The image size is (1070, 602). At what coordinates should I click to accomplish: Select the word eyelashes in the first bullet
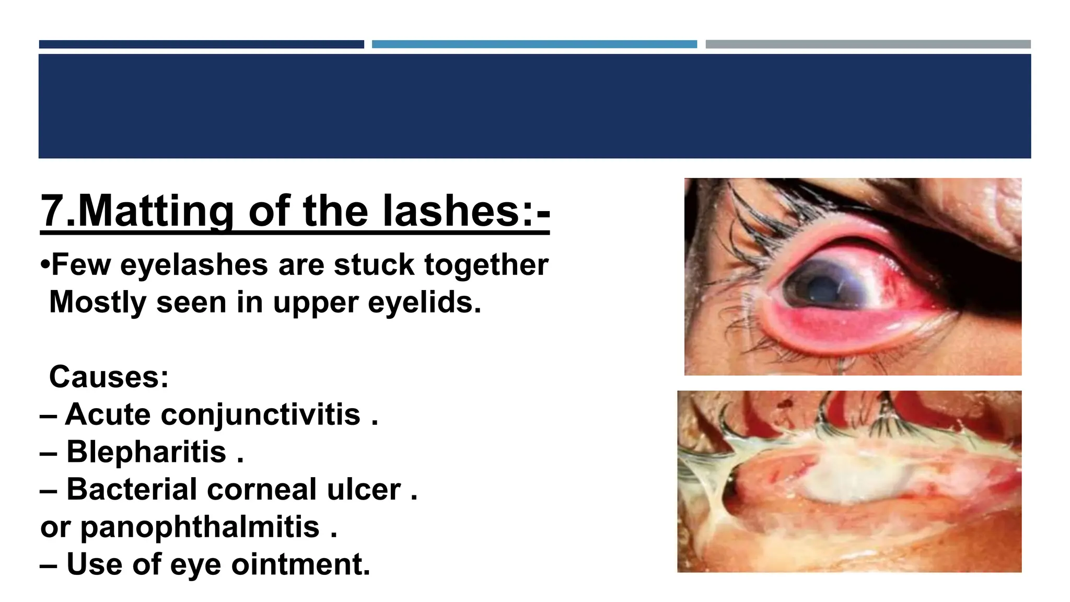(x=195, y=264)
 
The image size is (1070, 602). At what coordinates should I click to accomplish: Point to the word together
(x=486, y=264)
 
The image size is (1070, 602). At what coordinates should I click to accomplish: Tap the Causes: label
(x=109, y=377)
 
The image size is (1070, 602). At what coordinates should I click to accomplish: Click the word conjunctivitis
(x=261, y=414)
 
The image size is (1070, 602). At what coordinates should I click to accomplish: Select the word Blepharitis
(x=146, y=451)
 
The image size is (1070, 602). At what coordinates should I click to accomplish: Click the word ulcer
(x=364, y=489)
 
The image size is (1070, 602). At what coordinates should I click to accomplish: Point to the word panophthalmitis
(x=200, y=527)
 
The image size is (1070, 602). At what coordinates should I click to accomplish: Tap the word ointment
(x=300, y=564)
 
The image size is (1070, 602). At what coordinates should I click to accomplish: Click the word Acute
(x=108, y=414)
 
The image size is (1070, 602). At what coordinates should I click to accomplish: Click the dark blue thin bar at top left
(x=201, y=44)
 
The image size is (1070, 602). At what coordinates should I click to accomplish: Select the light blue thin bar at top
(x=534, y=44)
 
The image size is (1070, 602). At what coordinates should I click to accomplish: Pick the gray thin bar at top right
(x=868, y=44)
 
